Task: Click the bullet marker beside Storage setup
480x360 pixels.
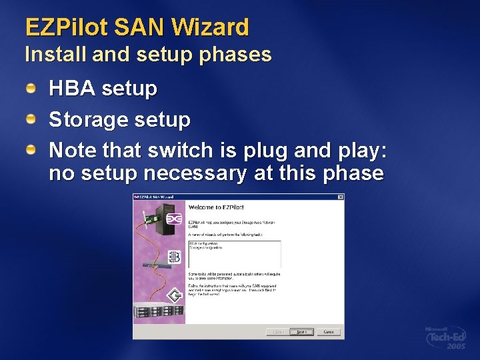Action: pyautogui.click(x=31, y=119)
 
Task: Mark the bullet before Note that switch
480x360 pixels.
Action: pyautogui.click(x=31, y=150)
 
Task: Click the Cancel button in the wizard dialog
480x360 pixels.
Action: pyautogui.click(x=329, y=331)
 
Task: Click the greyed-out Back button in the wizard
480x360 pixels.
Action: pyautogui.click(x=277, y=331)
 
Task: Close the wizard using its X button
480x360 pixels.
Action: pyautogui.click(x=340, y=197)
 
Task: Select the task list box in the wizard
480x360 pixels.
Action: pyautogui.click(x=235, y=254)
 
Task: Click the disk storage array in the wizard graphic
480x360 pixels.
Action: pyautogui.click(x=159, y=312)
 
